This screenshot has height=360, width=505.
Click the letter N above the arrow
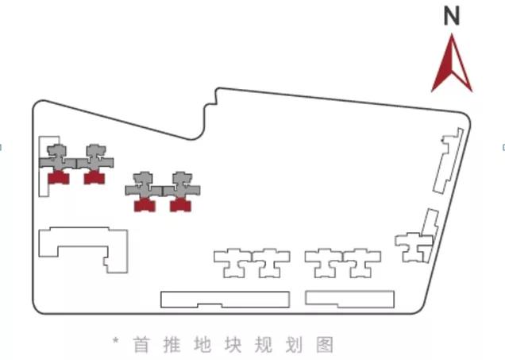click(452, 15)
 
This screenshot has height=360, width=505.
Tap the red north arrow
click(452, 65)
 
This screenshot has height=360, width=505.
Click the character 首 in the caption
click(141, 345)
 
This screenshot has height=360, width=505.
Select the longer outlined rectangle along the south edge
click(225, 300)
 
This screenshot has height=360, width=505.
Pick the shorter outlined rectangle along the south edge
click(349, 299)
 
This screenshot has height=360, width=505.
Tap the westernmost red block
click(59, 177)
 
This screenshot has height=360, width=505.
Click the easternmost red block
click(182, 204)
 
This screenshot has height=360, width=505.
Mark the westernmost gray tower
click(57, 157)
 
